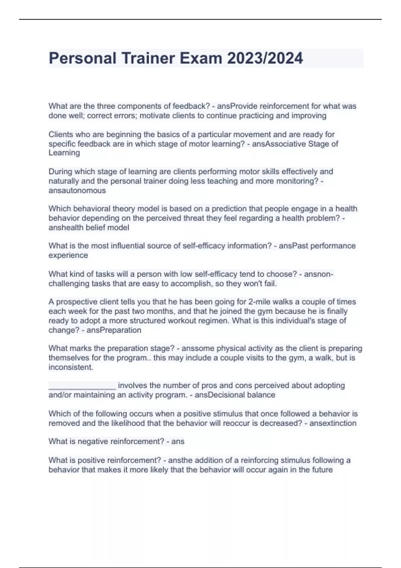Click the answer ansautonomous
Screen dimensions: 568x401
pos(77,190)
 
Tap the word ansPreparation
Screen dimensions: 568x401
pos(114,330)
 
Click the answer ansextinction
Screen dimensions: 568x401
pos(332,423)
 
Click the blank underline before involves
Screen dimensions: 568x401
pos(82,386)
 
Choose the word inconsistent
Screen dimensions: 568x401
pos(71,367)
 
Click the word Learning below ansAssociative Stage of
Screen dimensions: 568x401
pos(64,153)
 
